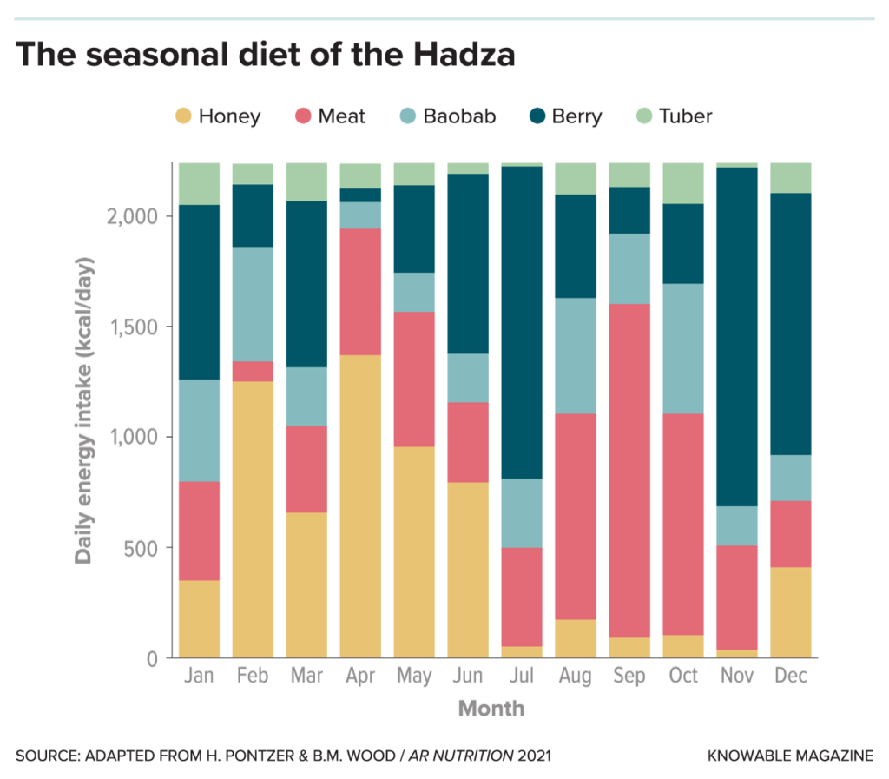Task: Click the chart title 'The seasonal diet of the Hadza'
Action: point(265,55)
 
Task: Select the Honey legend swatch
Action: point(183,116)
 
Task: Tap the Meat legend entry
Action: point(331,116)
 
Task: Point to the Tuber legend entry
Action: point(674,116)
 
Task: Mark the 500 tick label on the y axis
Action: point(141,548)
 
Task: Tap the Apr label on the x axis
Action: point(360,677)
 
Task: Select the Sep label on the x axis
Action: point(629,677)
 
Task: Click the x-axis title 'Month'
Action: point(491,709)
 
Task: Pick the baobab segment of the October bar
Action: point(683,348)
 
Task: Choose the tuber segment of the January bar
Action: point(199,183)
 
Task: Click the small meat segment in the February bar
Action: point(253,371)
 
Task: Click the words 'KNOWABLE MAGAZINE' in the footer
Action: point(791,756)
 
